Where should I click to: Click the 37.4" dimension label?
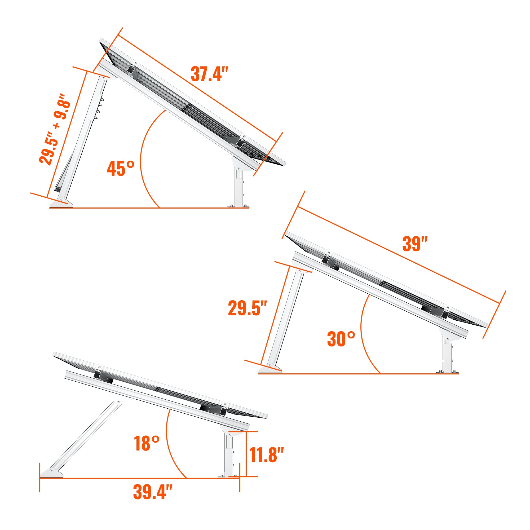209,74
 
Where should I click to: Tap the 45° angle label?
120,169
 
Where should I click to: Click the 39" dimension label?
415,244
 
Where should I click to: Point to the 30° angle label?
341,339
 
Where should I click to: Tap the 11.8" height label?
266,455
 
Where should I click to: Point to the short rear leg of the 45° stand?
239,189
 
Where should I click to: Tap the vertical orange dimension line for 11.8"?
246,454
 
